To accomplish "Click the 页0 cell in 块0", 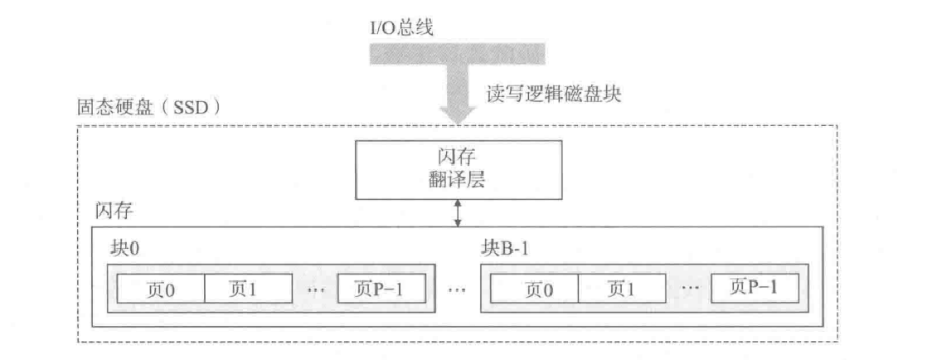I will coord(160,289).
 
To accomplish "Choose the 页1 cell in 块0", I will coord(247,289).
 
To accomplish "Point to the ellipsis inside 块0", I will coord(316,289).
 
